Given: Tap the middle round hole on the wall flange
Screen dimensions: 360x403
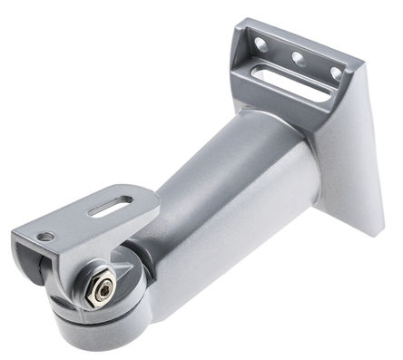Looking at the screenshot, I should click(x=297, y=56).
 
